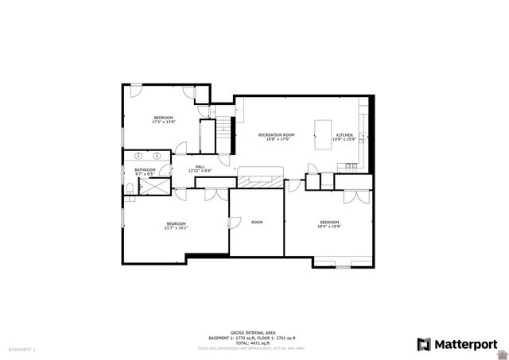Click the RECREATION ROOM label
click(276, 135)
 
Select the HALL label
click(200, 166)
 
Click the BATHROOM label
click(145, 169)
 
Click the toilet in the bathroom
click(129, 188)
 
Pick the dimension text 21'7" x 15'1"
click(176, 228)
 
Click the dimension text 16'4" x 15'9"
click(329, 226)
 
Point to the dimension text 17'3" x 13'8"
click(164, 122)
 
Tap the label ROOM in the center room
click(257, 222)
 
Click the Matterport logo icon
click(424, 344)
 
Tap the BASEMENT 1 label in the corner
click(21, 349)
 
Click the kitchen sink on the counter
click(351, 168)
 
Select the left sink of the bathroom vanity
click(140, 156)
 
